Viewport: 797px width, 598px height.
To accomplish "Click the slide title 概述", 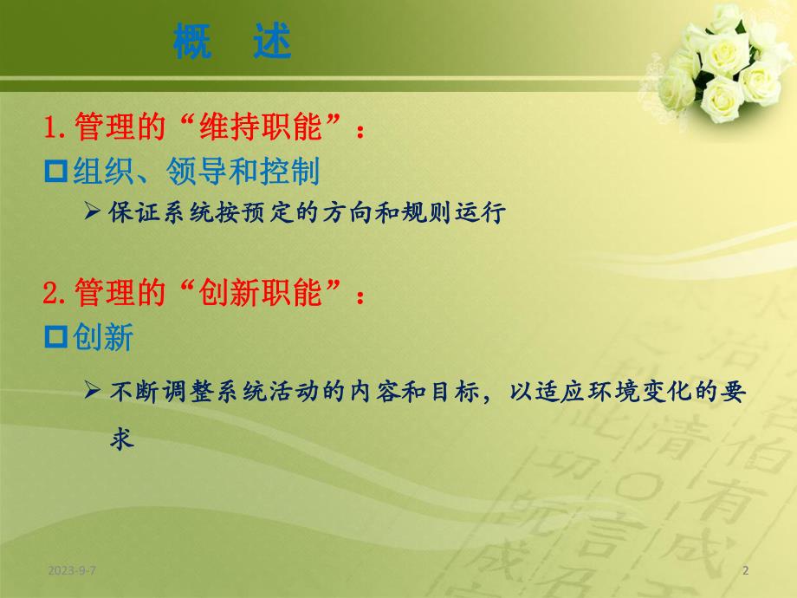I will point(231,42).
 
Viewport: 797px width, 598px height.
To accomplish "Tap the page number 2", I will point(746,569).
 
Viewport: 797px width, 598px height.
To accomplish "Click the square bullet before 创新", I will point(56,338).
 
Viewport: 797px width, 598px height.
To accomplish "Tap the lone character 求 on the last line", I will point(122,439).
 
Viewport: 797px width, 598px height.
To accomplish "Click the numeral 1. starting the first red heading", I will point(57,129).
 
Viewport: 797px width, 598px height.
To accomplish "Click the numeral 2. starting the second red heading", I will point(57,294).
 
